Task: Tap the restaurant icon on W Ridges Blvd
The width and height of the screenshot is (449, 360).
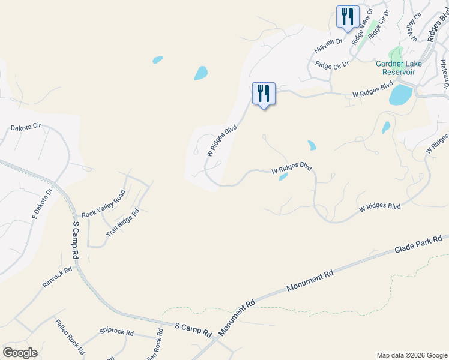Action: [x=264, y=93]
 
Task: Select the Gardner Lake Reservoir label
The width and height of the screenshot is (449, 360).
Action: [x=399, y=68]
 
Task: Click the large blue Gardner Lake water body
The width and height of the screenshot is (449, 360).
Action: [x=400, y=95]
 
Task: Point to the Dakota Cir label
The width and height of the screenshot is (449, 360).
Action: [x=25, y=127]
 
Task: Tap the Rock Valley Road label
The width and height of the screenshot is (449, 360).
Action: [x=103, y=203]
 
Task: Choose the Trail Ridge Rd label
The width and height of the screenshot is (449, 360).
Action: [x=122, y=221]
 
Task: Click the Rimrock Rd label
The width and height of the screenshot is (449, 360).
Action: [x=57, y=277]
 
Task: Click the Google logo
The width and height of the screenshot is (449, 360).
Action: [x=20, y=353]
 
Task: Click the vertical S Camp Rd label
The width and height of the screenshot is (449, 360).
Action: [x=76, y=240]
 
